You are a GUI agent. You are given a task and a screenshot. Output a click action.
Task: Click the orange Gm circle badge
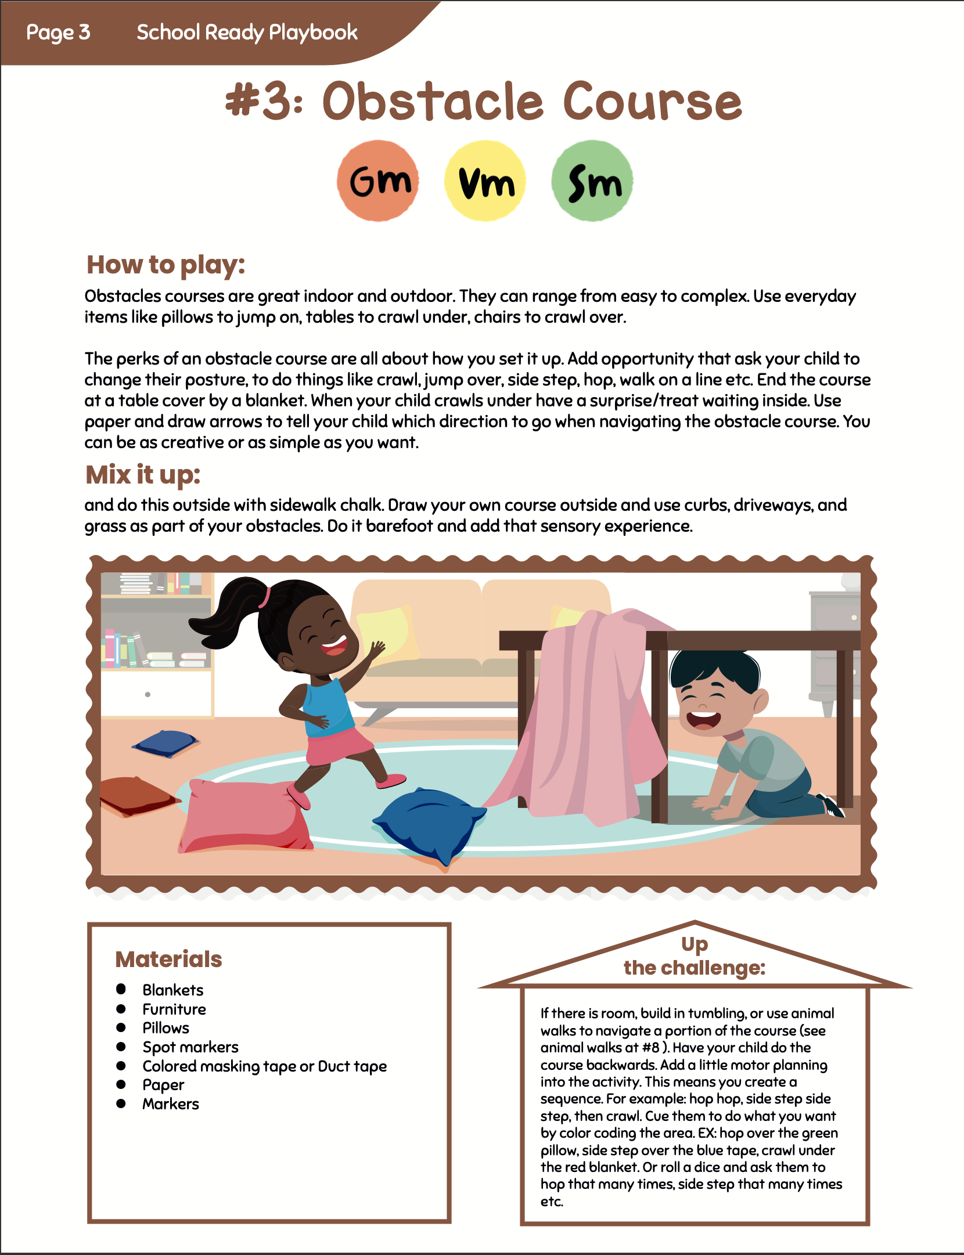378,181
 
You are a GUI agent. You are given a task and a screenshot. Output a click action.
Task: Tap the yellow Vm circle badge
485,181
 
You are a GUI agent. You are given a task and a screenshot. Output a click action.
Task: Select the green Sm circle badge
592,181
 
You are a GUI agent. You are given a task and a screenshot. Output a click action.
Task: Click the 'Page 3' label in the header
58,33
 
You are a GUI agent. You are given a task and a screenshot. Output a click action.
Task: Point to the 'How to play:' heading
166,265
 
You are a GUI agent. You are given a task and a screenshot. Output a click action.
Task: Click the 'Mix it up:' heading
143,474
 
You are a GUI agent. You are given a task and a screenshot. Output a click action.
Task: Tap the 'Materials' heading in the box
168,960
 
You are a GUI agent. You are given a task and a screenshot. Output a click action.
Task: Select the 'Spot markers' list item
190,1047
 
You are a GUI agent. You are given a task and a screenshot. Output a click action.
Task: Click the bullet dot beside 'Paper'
121,1084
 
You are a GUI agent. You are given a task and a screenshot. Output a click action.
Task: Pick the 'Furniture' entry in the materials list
174,1009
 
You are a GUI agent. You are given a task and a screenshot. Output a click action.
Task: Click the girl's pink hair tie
265,596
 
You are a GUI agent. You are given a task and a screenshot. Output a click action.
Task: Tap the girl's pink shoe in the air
391,781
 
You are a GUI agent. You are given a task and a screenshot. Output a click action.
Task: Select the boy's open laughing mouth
703,720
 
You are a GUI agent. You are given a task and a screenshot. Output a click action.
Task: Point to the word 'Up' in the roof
695,945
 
